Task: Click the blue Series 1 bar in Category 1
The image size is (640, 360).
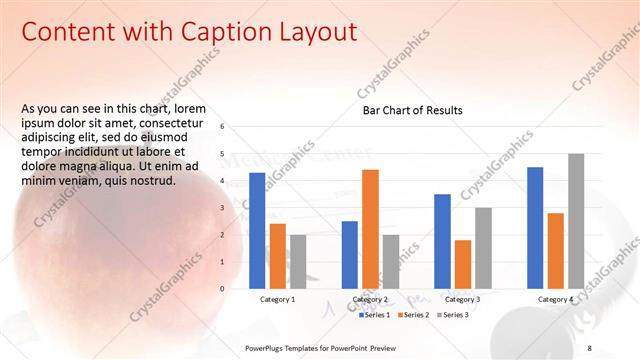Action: point(257,230)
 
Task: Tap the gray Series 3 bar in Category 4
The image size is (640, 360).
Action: point(575,221)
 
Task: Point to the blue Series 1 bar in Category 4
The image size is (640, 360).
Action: point(535,227)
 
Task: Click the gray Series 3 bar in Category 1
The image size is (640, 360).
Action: point(298,261)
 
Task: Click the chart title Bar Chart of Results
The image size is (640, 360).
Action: point(412,110)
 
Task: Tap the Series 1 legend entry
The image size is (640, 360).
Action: point(375,315)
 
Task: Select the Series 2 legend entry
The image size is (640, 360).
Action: point(413,315)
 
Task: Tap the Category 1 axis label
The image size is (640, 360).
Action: point(277,299)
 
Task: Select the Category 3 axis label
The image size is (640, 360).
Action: point(462,299)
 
